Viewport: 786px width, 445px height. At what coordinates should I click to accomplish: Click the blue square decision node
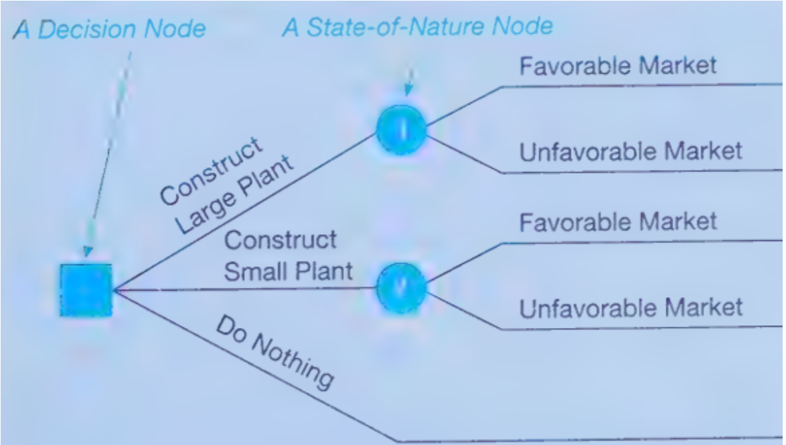click(x=86, y=290)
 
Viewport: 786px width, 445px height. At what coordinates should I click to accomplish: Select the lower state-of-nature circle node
click(x=401, y=288)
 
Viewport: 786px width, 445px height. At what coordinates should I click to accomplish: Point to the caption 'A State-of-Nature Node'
click(x=418, y=27)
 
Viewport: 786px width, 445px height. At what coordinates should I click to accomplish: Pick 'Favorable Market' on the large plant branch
click(x=617, y=66)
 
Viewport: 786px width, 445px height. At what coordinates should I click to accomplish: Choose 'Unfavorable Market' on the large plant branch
click(x=631, y=151)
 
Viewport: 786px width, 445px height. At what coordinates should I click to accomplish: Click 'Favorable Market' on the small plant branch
click(x=617, y=221)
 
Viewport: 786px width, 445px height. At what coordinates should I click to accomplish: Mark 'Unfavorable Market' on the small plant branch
click(x=631, y=308)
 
